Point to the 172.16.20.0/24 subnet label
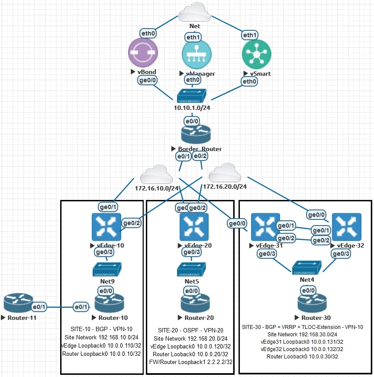coord(225,187)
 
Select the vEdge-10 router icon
coord(106,227)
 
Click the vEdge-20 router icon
coord(194,227)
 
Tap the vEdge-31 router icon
coord(262,227)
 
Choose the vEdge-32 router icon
coord(346,227)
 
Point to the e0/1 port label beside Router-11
coord(40,307)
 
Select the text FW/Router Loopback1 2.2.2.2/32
coord(191,362)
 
